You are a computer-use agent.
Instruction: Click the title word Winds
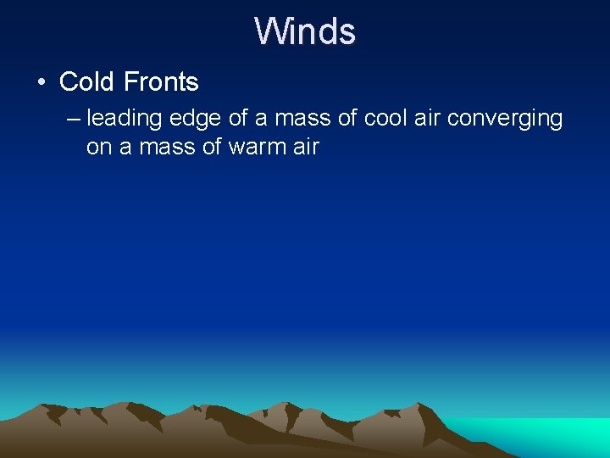[x=305, y=31]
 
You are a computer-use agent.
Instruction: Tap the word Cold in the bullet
[x=88, y=82]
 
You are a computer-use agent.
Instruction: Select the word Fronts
[x=161, y=82]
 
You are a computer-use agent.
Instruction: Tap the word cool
[x=386, y=118]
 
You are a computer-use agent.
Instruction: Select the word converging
[x=505, y=119]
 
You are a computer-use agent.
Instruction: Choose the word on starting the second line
[x=98, y=147]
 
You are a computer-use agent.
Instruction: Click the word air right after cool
[x=429, y=118]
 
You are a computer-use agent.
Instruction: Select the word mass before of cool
[x=302, y=118]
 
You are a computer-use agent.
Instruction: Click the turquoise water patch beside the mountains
[x=551, y=436]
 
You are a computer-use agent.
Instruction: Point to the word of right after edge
[x=238, y=118]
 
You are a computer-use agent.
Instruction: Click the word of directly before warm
[x=213, y=147]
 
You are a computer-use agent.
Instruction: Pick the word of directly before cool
[x=345, y=118]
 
